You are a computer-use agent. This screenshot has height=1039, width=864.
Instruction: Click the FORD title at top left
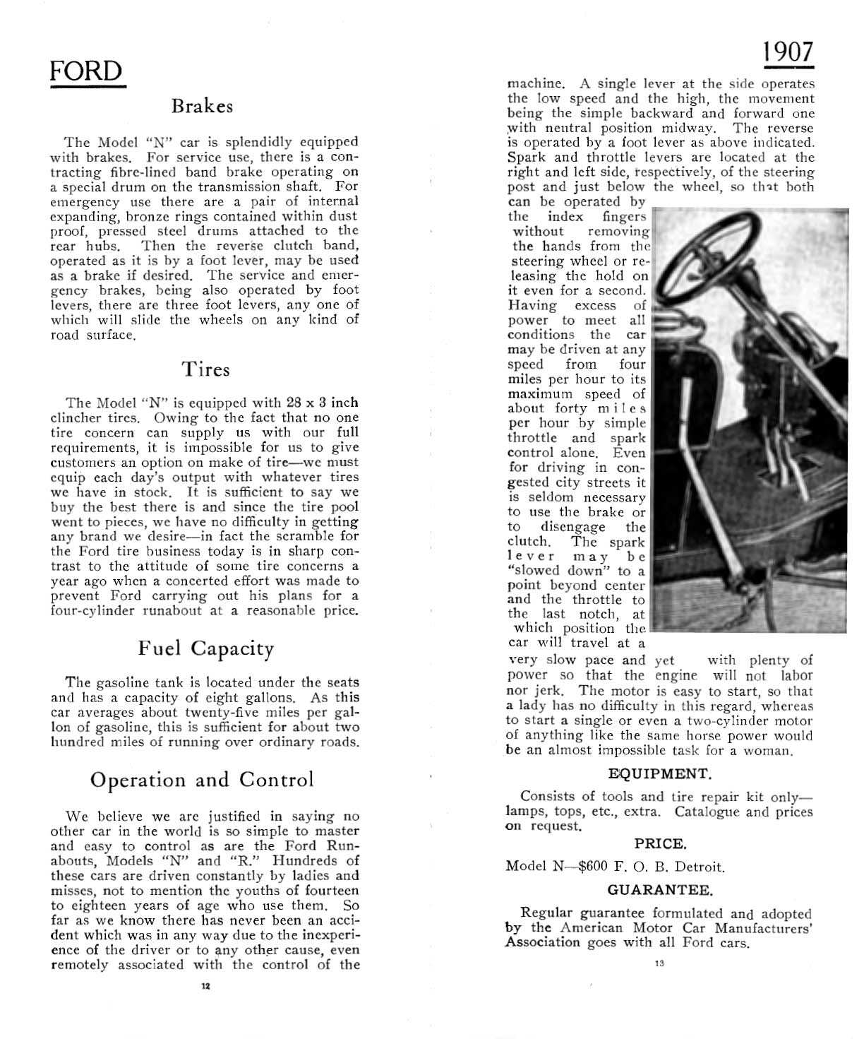tap(86, 72)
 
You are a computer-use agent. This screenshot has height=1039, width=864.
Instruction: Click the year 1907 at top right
tap(788, 53)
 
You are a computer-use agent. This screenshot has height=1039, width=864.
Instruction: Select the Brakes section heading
tap(202, 107)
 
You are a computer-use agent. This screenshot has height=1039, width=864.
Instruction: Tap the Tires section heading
tap(205, 369)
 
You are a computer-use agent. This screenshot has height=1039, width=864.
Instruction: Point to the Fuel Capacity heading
tap(205, 648)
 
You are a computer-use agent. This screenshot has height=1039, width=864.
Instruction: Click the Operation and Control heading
tap(202, 780)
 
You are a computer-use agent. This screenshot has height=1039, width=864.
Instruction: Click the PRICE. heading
tap(660, 843)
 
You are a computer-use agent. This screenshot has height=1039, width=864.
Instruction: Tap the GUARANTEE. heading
tap(660, 889)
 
